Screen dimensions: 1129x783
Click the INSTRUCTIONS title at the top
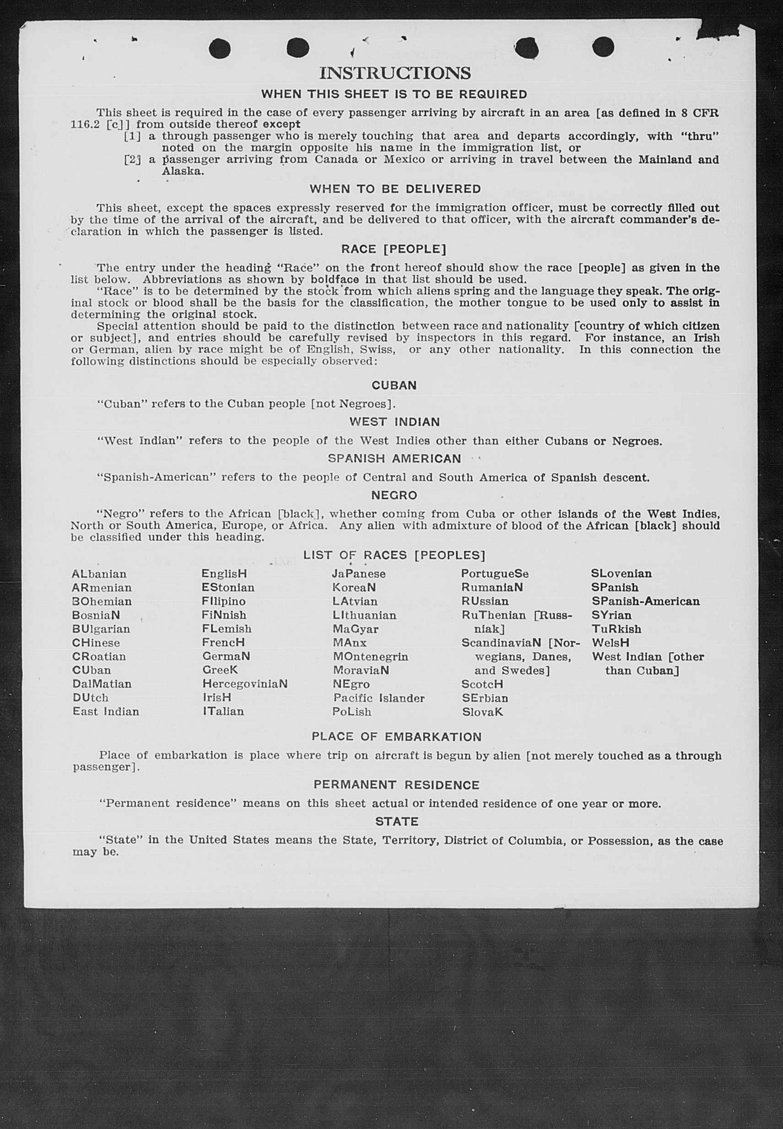tap(394, 74)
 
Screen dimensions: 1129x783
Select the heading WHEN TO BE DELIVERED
tap(395, 189)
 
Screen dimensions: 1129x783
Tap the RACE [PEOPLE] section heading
tap(394, 249)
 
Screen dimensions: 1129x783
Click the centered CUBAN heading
tap(394, 386)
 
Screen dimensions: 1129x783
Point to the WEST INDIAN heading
tap(394, 422)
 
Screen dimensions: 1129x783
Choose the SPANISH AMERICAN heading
tap(394, 458)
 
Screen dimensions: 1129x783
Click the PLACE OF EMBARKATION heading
tap(396, 737)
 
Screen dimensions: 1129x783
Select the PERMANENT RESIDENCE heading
tap(396, 785)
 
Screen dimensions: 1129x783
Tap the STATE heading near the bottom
tap(396, 821)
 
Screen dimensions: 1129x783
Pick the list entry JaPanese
tap(359, 574)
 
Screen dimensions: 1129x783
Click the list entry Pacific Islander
tap(379, 698)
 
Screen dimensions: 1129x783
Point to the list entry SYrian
tap(611, 615)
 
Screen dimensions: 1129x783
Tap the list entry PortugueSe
tap(495, 574)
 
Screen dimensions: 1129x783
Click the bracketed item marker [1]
tap(132, 136)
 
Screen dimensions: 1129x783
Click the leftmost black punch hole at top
tap(219, 48)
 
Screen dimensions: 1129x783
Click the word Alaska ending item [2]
tap(183, 171)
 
